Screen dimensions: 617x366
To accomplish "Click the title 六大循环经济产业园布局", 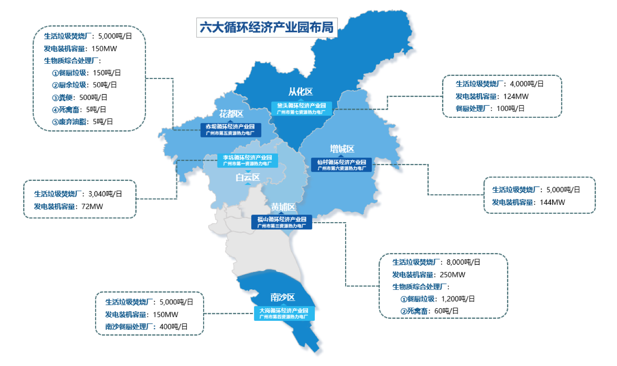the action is pyautogui.click(x=266, y=27).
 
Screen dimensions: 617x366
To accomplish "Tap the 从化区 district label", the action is pyautogui.click(x=300, y=91).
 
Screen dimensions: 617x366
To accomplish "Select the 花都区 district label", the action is pyautogui.click(x=231, y=114).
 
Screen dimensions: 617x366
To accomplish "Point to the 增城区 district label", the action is pyautogui.click(x=342, y=149).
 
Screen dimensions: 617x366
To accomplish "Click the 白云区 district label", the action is pyautogui.click(x=247, y=178).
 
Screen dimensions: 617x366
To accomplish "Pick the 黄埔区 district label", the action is pyautogui.click(x=283, y=207).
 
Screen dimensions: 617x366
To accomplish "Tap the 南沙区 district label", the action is pyautogui.click(x=282, y=297).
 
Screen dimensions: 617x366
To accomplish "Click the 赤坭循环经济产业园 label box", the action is pyautogui.click(x=231, y=129).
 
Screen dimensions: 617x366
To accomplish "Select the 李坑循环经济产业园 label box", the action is pyautogui.click(x=247, y=160).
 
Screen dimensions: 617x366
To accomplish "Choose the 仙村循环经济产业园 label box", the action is pyautogui.click(x=341, y=165).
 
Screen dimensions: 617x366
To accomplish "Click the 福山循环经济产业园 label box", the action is pyautogui.click(x=282, y=222).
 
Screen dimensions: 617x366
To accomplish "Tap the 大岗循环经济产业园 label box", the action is pyautogui.click(x=284, y=313).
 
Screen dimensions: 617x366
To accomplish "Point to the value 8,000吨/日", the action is pyautogui.click(x=463, y=262).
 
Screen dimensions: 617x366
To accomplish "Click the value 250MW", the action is pyautogui.click(x=453, y=275).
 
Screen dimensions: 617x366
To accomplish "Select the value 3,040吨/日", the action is pyautogui.click(x=105, y=194).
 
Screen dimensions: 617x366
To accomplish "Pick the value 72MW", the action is pyautogui.click(x=92, y=207).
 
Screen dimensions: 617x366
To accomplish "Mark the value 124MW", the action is pyautogui.click(x=516, y=97).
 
